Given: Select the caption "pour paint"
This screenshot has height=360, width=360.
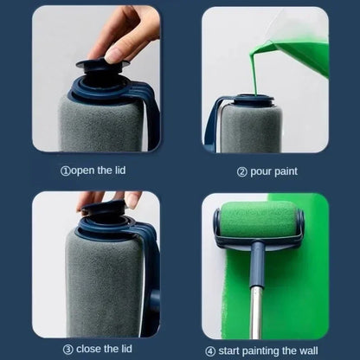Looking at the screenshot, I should point(267,171).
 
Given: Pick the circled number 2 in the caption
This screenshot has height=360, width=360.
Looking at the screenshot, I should point(241,171).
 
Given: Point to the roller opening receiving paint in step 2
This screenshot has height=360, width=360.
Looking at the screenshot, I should point(252,100).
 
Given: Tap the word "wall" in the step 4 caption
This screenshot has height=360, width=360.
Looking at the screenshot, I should point(313,349).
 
